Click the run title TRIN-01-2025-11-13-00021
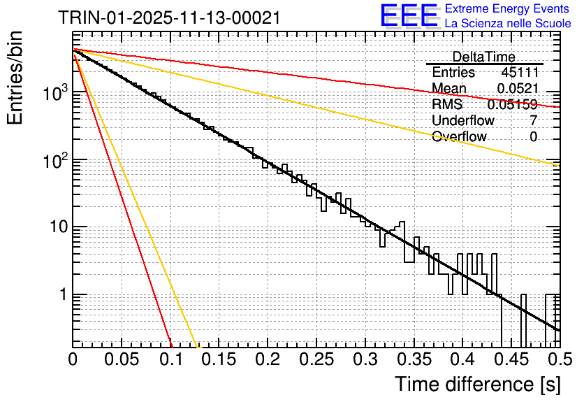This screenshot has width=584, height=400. click(169, 17)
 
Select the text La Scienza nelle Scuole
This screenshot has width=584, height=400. click(508, 23)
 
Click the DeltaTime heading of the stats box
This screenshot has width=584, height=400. click(484, 57)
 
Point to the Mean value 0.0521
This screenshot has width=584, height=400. click(518, 88)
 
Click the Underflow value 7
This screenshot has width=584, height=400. click(534, 120)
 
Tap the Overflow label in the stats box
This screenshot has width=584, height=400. click(459, 136)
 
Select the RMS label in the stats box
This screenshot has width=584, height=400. click(447, 104)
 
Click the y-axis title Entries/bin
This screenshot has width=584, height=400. click(16, 76)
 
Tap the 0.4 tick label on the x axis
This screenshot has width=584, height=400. click(462, 360)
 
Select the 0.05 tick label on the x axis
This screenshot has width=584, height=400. click(122, 360)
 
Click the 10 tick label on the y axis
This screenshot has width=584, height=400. click(57, 227)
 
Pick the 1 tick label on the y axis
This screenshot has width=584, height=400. click(61, 294)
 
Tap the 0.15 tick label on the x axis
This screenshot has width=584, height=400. click(219, 360)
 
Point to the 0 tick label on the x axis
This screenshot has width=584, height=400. click(73, 360)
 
